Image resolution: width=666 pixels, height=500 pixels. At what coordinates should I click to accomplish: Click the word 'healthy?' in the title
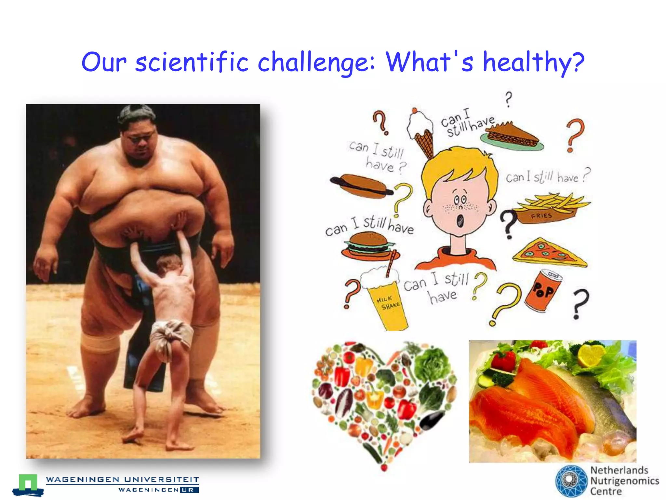tap(533, 62)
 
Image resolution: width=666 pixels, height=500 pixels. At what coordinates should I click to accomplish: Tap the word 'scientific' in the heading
tap(192, 62)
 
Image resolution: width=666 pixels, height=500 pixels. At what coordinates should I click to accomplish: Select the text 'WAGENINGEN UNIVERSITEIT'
tap(122, 479)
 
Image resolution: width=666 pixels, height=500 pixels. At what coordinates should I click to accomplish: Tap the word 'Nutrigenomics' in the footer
tap(624, 481)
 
